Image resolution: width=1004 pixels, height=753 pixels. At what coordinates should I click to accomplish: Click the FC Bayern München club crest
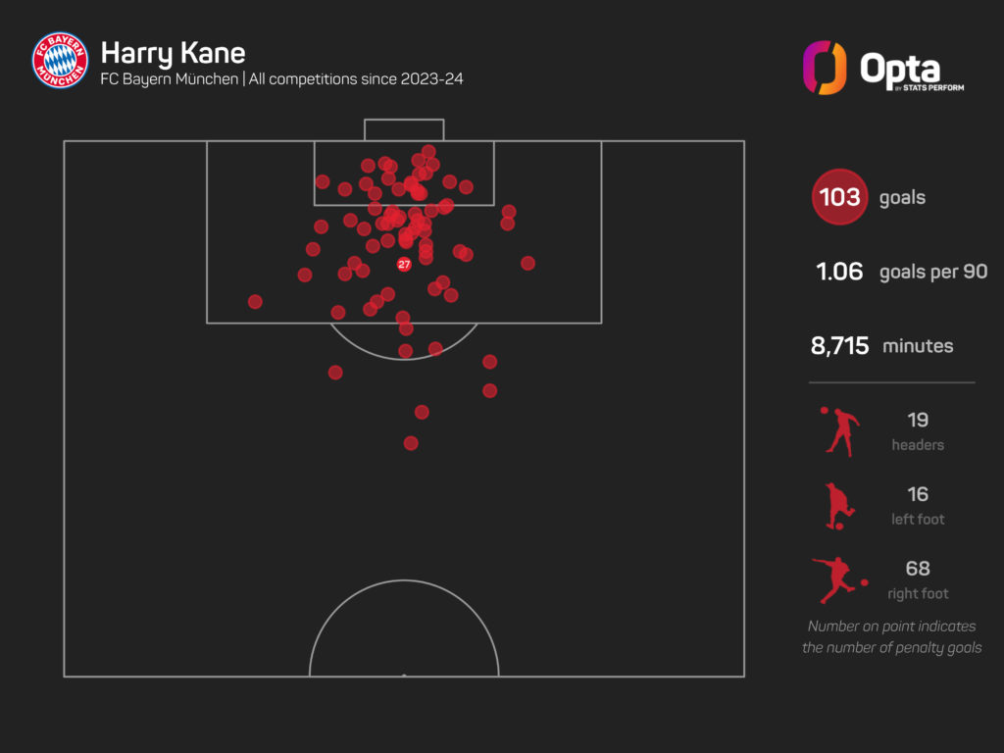coord(60,60)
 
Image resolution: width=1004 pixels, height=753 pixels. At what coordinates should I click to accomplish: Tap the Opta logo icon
coord(824,68)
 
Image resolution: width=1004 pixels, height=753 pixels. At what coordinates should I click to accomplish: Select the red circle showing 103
coord(839,198)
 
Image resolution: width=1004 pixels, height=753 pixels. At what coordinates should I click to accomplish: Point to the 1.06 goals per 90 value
coord(839,272)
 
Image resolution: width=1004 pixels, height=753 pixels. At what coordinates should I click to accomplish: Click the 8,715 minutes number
coord(839,345)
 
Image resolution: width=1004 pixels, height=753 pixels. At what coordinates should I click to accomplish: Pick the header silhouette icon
coord(840,430)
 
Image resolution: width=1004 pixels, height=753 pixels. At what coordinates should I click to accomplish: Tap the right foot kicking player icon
coord(838,578)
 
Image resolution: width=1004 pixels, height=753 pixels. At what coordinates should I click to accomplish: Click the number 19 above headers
coord(918,420)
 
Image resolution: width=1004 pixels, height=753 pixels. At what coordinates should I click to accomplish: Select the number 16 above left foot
coord(918,494)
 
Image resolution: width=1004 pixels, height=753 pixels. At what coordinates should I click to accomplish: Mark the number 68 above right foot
coord(918,568)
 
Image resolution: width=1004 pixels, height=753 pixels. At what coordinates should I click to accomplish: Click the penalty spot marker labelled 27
coord(404,265)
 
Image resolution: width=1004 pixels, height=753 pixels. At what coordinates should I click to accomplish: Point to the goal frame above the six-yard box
coord(404,129)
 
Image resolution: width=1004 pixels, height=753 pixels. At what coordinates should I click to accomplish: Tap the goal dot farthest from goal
coord(411,443)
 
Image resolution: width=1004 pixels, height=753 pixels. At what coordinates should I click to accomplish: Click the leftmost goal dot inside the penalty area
coord(255,302)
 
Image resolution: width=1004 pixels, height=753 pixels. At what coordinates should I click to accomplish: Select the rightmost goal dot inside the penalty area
coord(527,263)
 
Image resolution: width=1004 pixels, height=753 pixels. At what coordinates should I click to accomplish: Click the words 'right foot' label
coord(918,593)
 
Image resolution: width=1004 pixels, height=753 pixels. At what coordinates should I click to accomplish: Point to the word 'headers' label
coord(918,445)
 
